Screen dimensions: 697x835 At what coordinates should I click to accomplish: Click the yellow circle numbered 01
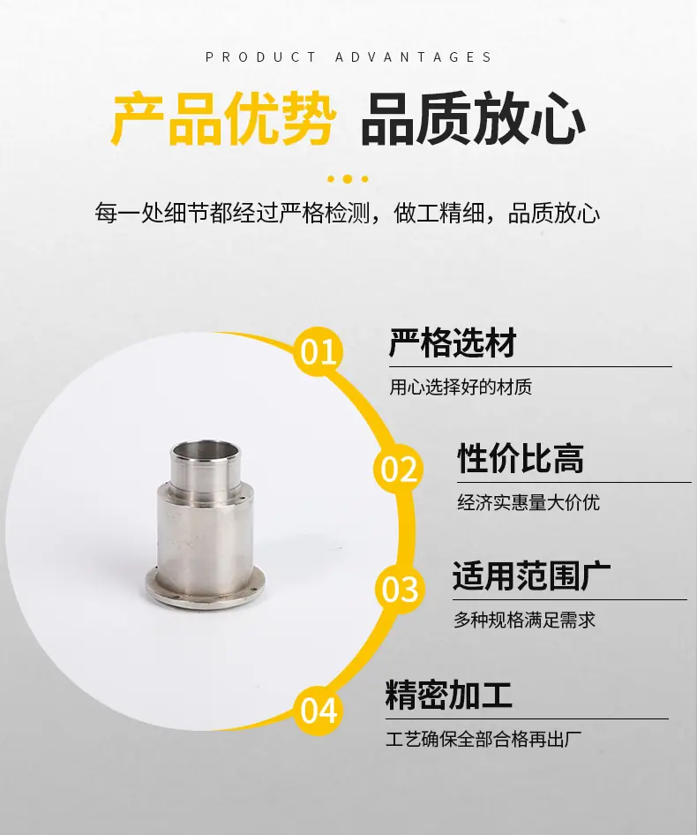tap(319, 351)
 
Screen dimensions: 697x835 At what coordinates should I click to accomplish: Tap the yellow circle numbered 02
tap(398, 469)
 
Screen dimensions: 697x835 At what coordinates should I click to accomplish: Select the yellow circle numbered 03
tap(400, 589)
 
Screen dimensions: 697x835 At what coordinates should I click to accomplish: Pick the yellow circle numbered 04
tap(319, 711)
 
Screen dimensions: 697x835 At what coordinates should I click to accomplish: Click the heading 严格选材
tap(453, 342)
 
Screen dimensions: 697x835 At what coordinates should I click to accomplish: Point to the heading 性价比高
tap(521, 458)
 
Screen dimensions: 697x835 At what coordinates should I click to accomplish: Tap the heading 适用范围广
tap(531, 575)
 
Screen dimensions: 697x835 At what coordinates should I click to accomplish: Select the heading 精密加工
tap(448, 694)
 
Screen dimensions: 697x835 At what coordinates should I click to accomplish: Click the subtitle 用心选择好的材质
tap(461, 387)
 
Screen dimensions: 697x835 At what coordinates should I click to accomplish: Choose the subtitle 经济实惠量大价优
tap(528, 503)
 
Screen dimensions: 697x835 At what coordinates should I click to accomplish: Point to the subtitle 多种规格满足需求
tap(524, 620)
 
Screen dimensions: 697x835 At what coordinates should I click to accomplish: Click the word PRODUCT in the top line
tap(261, 57)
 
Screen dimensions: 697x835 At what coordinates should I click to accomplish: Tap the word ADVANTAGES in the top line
tap(413, 57)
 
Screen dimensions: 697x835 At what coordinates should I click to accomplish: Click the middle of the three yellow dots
tap(347, 179)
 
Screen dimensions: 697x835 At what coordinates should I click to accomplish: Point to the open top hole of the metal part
tap(206, 448)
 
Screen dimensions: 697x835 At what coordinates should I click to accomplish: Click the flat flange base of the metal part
tap(205, 591)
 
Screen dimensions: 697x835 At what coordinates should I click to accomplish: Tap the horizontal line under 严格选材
tap(530, 367)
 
